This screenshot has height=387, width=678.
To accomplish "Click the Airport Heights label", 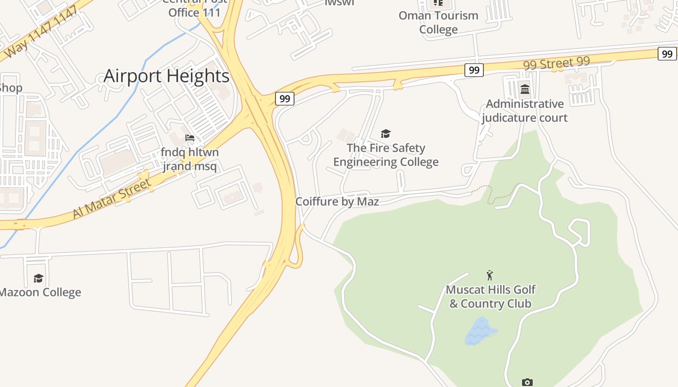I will pos(166,76).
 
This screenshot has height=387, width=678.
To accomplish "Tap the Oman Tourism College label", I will pos(438,22).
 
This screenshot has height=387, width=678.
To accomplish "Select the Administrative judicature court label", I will pos(524,111).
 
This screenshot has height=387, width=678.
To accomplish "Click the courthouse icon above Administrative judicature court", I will pos(524,89).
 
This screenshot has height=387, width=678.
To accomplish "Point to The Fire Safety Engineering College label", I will pos(385,155).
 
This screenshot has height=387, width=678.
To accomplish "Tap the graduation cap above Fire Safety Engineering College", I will pos(385,134).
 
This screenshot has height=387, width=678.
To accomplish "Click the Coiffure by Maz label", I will pos(337,201).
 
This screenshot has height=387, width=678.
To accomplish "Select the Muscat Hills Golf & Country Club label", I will pos(490,297).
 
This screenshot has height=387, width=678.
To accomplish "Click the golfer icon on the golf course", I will pos(490,275).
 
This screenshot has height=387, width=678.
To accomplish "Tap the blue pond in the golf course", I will pos(479,332).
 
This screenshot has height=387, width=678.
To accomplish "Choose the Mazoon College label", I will pos(40,292).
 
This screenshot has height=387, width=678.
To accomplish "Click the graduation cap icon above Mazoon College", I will pos(38,278).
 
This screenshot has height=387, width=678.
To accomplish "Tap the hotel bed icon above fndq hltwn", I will pos(190,138).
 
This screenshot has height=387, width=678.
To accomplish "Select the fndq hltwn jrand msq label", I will pos(190,160).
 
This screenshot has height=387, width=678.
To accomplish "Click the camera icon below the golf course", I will pos(527,382).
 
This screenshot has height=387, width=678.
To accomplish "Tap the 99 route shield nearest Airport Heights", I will pos(285,99).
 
